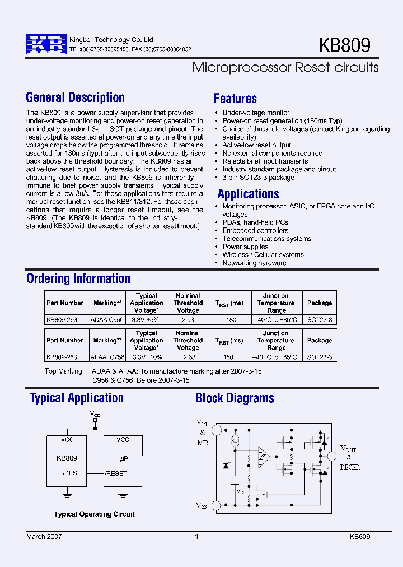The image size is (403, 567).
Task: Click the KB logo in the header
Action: pos(46,44)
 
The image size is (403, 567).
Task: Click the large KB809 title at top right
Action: pos(344,45)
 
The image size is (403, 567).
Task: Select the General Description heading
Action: pos(76,97)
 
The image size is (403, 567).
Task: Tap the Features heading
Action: pos(235,99)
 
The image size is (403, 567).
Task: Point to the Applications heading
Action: pos(248,194)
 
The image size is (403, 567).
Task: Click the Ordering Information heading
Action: pos(78,278)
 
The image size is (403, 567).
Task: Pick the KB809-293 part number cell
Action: pos(62,319)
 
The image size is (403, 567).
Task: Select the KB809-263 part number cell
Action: pos(62,357)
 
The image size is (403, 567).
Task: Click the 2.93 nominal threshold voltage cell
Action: pos(188,319)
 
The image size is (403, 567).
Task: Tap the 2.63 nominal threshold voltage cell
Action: pos(188,357)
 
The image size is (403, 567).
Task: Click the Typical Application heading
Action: pos(77,398)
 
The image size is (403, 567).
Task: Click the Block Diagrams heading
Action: pos(235,398)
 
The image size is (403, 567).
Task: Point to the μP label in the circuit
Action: pos(124,458)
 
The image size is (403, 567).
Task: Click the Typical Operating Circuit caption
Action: pos(94,514)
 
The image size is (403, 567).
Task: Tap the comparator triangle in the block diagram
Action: pos(263,457)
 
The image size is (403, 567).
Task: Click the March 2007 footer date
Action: pos(44,536)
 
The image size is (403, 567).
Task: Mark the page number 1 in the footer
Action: pos(196,536)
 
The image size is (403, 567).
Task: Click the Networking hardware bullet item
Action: pos(254,263)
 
